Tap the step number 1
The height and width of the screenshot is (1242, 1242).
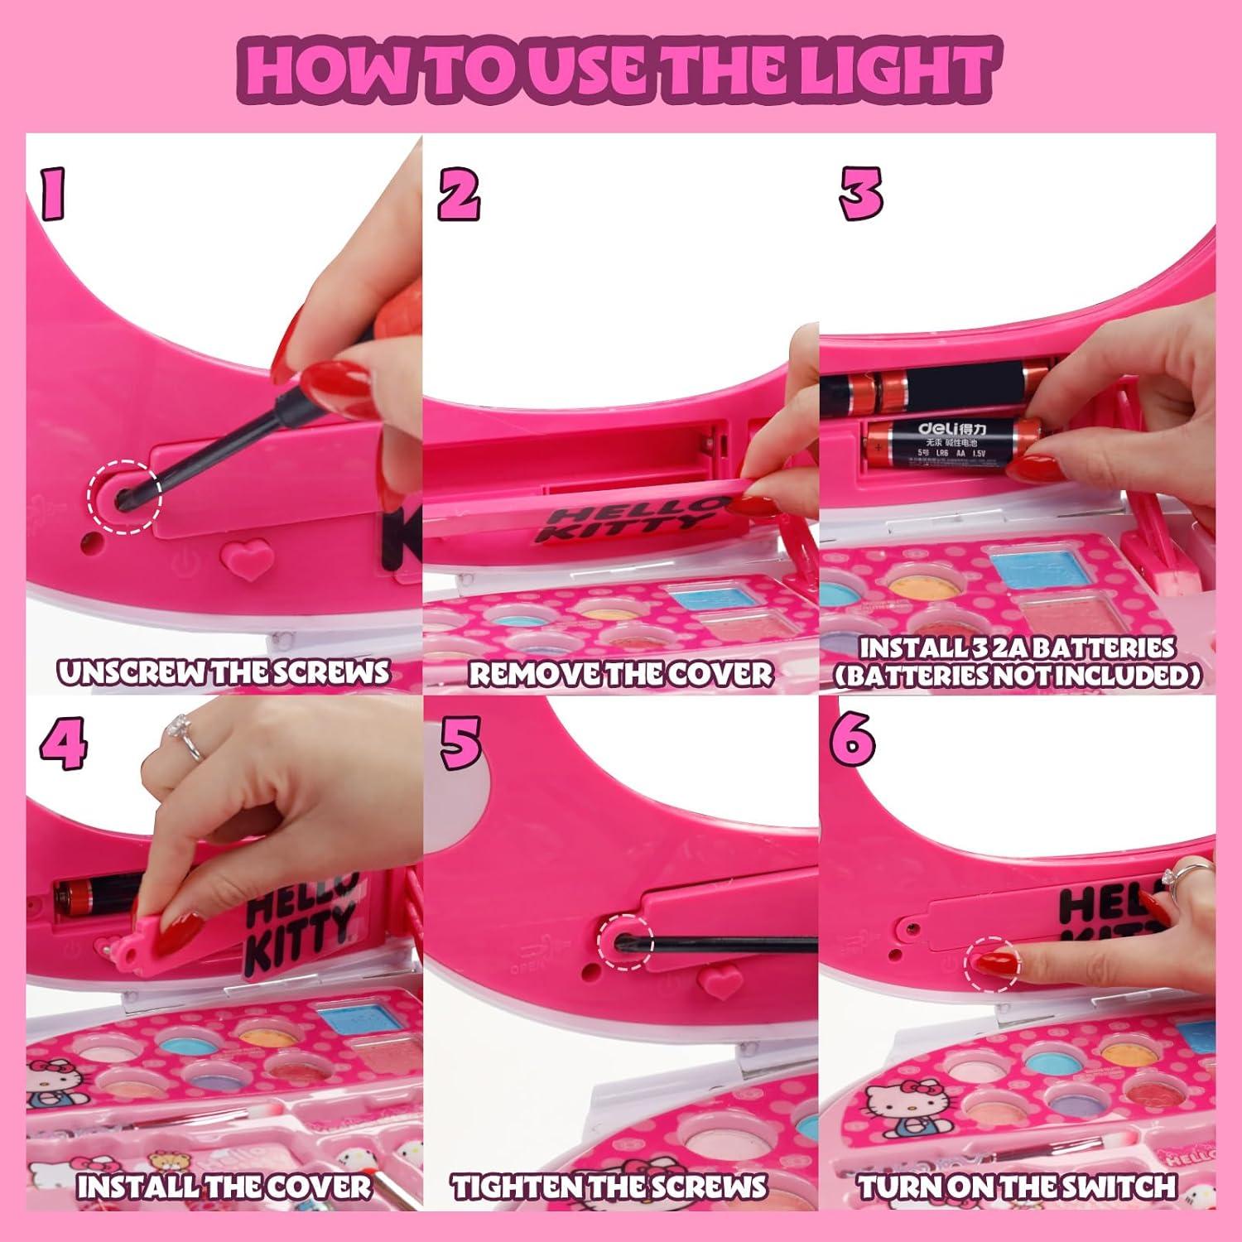[x=53, y=194]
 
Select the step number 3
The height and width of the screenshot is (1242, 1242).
[x=860, y=193]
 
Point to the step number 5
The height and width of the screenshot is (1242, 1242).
[x=460, y=743]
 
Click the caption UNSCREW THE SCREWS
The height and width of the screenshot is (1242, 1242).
[x=224, y=672]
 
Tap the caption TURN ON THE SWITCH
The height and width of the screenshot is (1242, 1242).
[x=1017, y=1187]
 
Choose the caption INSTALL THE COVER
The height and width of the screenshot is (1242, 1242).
[x=224, y=1187]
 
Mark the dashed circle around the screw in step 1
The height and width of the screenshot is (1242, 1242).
[x=125, y=497]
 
